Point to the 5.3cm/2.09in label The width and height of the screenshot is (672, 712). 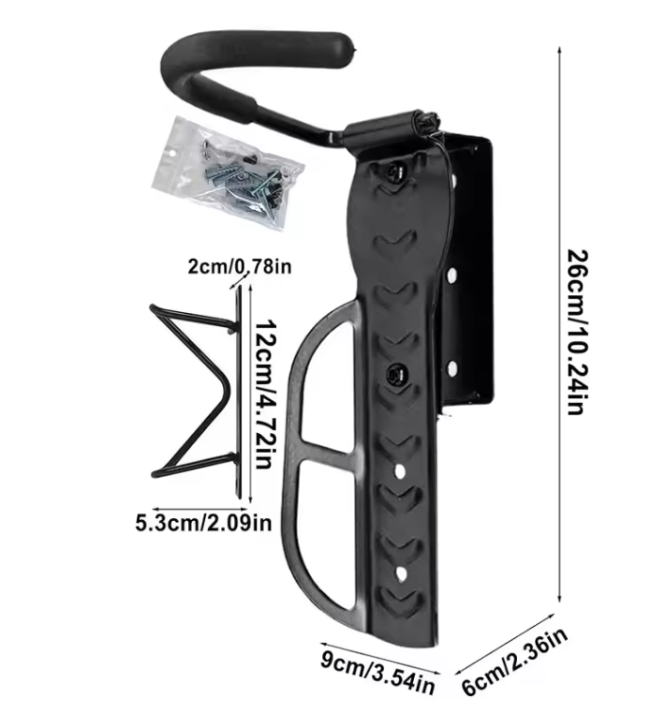click(203, 521)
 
